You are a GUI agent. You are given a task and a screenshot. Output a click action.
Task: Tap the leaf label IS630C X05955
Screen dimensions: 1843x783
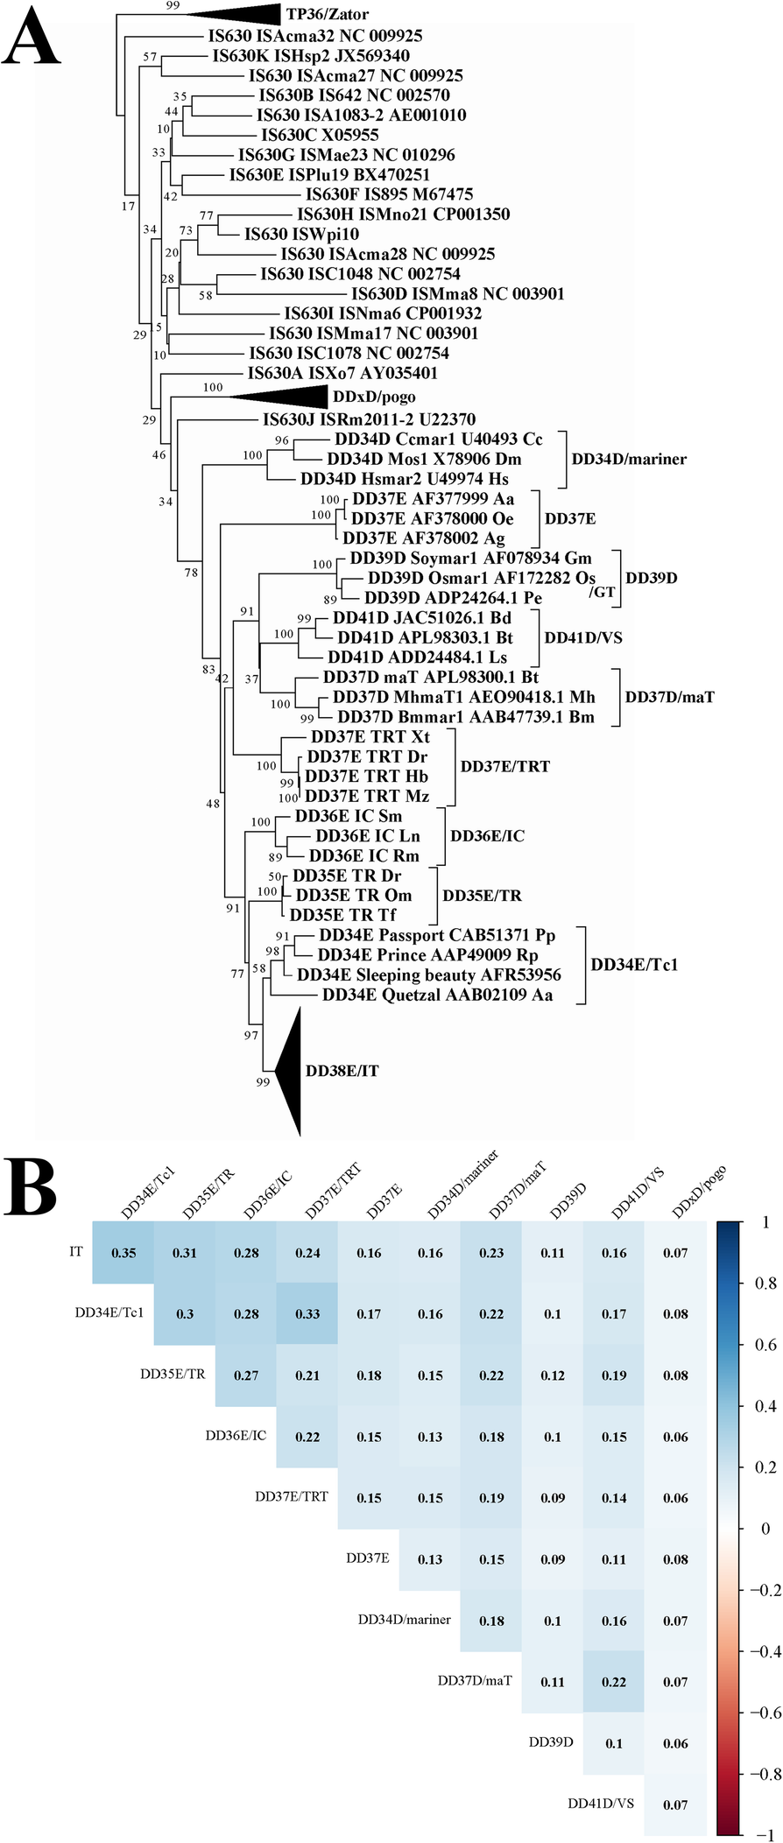pyautogui.click(x=320, y=135)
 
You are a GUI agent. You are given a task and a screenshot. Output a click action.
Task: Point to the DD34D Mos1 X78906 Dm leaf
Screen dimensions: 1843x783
pyautogui.click(x=424, y=459)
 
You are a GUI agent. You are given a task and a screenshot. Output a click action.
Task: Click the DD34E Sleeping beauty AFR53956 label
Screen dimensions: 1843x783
pyautogui.click(x=429, y=974)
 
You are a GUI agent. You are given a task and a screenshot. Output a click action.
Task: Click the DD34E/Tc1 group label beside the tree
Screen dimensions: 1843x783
pyautogui.click(x=634, y=965)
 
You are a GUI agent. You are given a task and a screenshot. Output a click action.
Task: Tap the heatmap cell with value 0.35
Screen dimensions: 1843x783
pyautogui.click(x=123, y=1253)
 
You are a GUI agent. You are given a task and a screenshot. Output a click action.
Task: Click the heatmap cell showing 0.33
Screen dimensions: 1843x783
pyautogui.click(x=307, y=1313)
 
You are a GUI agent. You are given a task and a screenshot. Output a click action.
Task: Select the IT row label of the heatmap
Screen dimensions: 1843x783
pyautogui.click(x=76, y=1251)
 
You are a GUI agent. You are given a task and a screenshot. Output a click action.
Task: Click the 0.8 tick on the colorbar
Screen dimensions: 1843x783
pyautogui.click(x=766, y=1283)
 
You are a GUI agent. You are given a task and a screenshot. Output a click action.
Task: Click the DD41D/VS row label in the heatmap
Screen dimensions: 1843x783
pyautogui.click(x=600, y=1803)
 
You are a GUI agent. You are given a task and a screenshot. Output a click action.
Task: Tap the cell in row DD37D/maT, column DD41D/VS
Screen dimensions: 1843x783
pyautogui.click(x=614, y=1681)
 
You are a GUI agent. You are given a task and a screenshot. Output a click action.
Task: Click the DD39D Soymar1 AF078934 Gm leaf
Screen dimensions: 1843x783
pyautogui.click(x=470, y=558)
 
